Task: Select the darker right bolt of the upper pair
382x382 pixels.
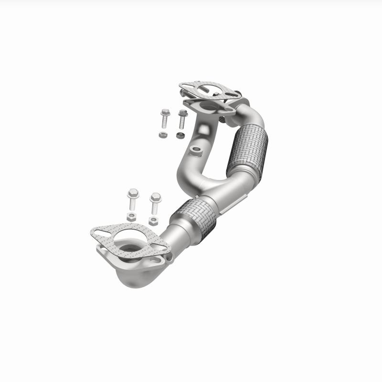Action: pos(182,119)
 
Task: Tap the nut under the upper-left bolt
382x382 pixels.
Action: pos(163,135)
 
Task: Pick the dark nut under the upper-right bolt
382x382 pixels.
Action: pos(180,136)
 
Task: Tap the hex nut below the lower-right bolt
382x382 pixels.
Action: pos(153,221)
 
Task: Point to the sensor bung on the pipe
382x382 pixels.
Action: pos(195,151)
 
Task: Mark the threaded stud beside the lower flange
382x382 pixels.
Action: pos(169,256)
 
